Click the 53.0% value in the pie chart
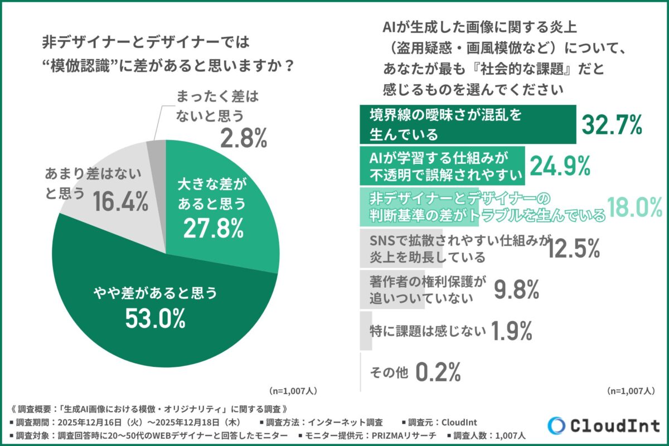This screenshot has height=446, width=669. (x=157, y=319)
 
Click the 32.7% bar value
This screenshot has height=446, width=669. (x=612, y=125)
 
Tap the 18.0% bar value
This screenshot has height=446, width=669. (x=634, y=207)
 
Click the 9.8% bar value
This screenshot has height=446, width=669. (x=516, y=289)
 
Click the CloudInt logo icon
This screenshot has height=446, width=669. (x=556, y=425)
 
